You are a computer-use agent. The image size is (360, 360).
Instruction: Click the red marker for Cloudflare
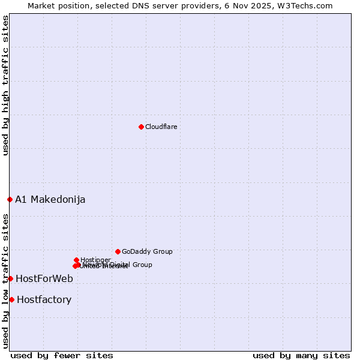(x=141, y=127)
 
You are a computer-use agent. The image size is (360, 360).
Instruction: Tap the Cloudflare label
(x=161, y=127)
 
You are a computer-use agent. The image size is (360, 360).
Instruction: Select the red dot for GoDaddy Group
(x=118, y=251)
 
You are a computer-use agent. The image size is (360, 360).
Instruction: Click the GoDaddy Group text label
(x=147, y=251)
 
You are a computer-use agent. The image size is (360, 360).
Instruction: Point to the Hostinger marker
(x=77, y=260)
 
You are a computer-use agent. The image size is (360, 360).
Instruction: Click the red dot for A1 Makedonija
(x=10, y=199)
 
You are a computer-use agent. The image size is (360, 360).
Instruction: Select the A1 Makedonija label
(x=50, y=199)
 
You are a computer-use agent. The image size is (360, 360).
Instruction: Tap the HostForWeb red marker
(x=10, y=278)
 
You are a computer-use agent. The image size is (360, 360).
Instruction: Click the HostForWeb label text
(x=44, y=278)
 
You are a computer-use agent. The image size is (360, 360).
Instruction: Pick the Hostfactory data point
(x=11, y=299)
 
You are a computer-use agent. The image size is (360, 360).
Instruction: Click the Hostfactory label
(x=44, y=299)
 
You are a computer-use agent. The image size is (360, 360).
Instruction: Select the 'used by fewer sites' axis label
(x=62, y=355)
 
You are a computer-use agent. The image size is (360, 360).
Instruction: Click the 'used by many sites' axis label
(x=301, y=355)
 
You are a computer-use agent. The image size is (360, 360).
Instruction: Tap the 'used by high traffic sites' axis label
(x=5, y=85)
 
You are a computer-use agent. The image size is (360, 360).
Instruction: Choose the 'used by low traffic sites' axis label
(x=5, y=281)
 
